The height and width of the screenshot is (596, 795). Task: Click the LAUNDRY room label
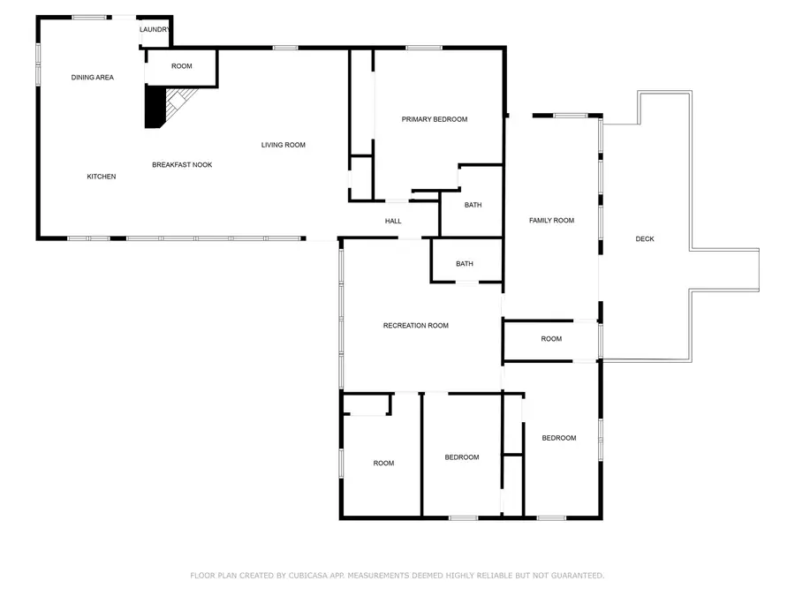click(155, 29)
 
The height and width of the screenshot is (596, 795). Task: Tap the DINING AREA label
click(93, 78)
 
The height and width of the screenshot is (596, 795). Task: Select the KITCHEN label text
click(102, 177)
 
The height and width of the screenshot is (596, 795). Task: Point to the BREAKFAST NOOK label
click(182, 165)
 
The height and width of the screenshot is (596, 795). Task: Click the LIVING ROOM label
click(284, 145)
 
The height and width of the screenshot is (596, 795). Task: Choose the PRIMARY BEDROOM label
click(435, 119)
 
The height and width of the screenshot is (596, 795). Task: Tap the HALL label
click(393, 221)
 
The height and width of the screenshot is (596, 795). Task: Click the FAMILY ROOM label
click(552, 221)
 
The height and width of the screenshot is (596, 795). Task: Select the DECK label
click(645, 239)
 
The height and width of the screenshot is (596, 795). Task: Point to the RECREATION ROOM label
click(416, 326)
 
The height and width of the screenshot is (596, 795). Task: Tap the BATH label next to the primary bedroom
click(473, 205)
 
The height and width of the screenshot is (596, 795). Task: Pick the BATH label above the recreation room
click(465, 263)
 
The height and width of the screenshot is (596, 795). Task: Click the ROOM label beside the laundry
click(182, 66)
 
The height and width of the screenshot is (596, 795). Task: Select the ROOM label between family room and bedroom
click(551, 339)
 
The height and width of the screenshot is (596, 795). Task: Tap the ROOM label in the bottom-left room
click(383, 464)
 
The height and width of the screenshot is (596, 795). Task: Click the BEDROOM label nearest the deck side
click(559, 438)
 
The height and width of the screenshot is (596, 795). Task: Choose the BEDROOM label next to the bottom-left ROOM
click(462, 457)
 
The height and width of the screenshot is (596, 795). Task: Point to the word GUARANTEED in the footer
click(572, 576)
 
